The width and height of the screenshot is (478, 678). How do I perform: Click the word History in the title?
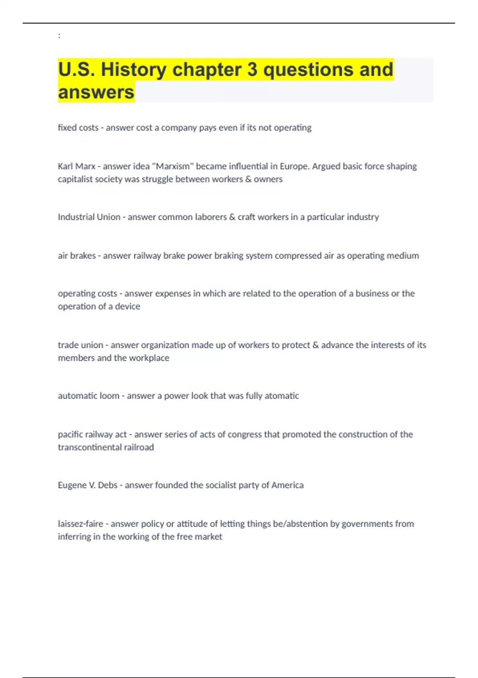point(133,69)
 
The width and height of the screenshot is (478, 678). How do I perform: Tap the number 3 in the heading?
point(252,69)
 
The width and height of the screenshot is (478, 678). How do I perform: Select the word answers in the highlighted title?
point(96,92)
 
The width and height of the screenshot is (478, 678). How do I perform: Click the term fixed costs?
point(78,128)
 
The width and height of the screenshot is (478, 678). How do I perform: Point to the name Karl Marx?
point(76,166)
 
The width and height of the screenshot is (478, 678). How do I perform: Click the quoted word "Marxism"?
point(171,166)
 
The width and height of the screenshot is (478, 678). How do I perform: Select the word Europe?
point(296,166)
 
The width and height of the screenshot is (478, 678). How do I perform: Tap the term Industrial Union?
point(89,217)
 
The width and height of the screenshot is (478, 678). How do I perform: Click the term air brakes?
point(76,256)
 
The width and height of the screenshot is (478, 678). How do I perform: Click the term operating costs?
point(87,294)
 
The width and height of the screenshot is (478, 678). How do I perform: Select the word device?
point(127,306)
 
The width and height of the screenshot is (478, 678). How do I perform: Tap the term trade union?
point(80,345)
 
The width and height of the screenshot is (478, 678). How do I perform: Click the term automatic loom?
point(88,396)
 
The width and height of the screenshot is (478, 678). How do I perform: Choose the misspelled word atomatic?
point(281,396)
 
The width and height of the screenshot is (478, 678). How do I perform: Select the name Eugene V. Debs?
point(88,485)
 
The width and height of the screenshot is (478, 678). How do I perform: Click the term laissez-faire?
point(80,524)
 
